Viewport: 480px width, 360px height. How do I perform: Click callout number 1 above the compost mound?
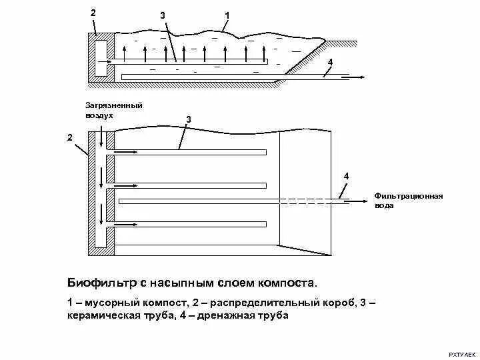click(x=227, y=15)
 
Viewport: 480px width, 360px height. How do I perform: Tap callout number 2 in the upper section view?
click(x=93, y=13)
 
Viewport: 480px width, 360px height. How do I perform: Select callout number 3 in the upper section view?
click(x=163, y=15)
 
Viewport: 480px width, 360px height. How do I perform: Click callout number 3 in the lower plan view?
click(x=189, y=119)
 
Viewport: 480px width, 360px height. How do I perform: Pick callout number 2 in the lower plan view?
click(x=69, y=137)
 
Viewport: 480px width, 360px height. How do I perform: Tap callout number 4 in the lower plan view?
click(x=346, y=175)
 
